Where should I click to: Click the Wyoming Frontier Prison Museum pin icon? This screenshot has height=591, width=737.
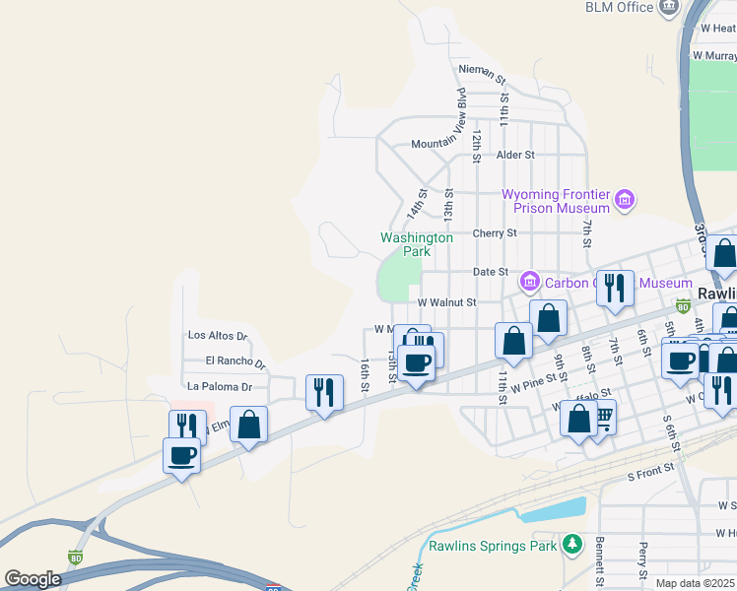point(623,201)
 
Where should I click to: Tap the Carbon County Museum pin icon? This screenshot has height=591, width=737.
point(529,283)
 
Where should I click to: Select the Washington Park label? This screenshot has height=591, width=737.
point(417,244)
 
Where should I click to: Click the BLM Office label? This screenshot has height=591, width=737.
point(620,8)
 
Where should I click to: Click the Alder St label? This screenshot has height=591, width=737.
point(515,155)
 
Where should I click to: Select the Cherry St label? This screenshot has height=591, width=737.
point(495,233)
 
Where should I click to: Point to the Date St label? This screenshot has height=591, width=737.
point(490,272)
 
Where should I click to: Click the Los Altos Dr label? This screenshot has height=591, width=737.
point(218,336)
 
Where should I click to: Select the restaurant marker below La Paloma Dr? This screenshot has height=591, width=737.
point(323,393)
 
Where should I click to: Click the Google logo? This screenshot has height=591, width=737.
point(33,579)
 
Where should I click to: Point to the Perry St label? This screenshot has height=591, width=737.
point(642,559)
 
